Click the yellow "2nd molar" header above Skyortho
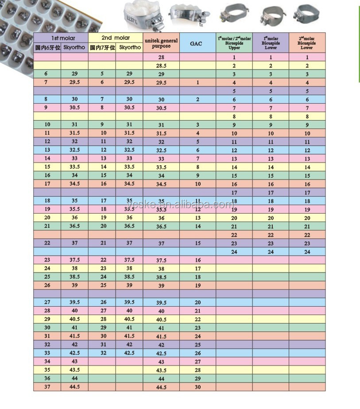[x=116, y=38]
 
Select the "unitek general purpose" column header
[x=161, y=43]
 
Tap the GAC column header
[x=198, y=43]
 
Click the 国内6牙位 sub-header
[x=47, y=47]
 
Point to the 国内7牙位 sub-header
[x=102, y=47]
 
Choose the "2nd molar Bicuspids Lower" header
[x=307, y=43]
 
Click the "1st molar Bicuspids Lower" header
[x=271, y=43]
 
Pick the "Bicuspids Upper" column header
[x=234, y=43]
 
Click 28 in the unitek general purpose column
[x=161, y=58]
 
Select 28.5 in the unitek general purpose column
[x=161, y=66]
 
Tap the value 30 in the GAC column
[x=198, y=387]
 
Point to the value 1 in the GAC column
[x=198, y=82]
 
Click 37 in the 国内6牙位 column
[x=47, y=387]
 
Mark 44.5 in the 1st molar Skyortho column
[x=74, y=387]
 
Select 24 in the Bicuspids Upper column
[x=234, y=252]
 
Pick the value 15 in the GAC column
[x=198, y=243]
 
